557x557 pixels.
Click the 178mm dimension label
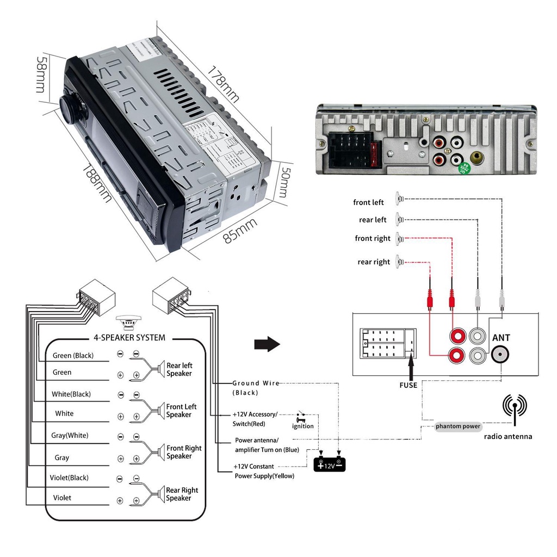(223, 84)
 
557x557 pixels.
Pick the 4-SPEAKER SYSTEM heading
(129, 337)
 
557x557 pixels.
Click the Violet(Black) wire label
(69, 478)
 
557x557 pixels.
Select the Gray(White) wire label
(70, 436)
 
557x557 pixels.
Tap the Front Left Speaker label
(182, 411)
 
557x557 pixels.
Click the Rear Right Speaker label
(182, 494)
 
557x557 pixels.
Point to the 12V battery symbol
(330, 465)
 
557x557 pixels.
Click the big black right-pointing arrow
(267, 344)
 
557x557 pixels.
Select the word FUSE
(408, 385)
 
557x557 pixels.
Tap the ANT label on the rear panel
(501, 338)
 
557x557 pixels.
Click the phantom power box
(458, 426)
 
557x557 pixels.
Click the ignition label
(303, 426)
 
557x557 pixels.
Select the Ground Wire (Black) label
(256, 387)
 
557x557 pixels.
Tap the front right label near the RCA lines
(373, 238)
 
